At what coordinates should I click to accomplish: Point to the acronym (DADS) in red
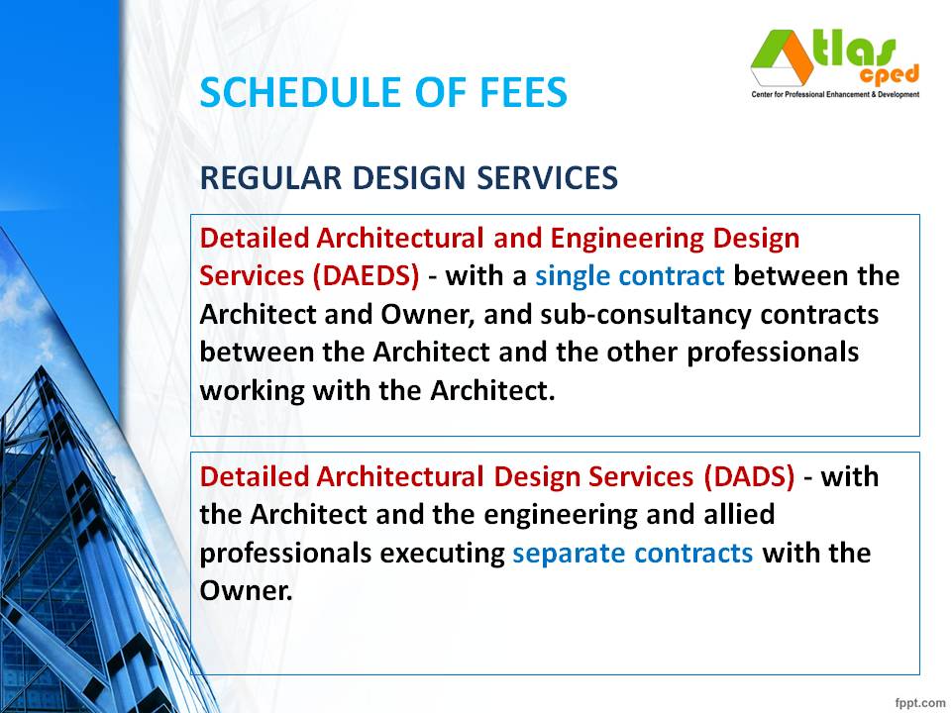point(750,476)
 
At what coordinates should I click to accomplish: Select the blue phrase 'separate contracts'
point(632,553)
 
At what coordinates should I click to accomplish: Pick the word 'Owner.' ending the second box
point(247,591)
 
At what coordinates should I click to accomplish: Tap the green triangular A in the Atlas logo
point(780,57)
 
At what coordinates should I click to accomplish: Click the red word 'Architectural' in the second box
point(399,476)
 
